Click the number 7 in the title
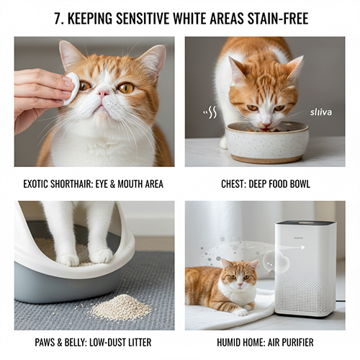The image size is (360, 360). click(58, 19)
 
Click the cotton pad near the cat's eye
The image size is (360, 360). click(71, 89)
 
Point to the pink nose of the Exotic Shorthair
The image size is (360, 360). click(104, 93)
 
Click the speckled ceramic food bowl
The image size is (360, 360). click(266, 143)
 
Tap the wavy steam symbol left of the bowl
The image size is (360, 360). click(210, 112)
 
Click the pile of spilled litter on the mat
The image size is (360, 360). click(122, 307)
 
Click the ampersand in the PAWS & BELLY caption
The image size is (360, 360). click(59, 342)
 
